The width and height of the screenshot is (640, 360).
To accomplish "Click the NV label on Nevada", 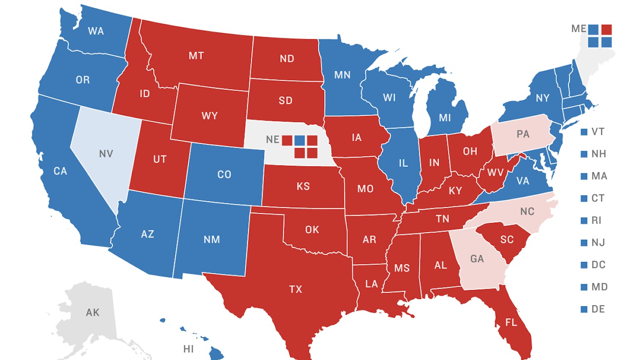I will (x=106, y=154).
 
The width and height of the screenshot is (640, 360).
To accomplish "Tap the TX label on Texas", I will (x=296, y=289).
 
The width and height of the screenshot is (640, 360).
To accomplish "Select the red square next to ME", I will (x=606, y=29).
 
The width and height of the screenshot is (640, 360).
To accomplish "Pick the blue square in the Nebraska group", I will (x=300, y=140).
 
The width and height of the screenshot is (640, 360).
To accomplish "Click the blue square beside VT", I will (x=584, y=132).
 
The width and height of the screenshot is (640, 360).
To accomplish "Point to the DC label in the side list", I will (x=598, y=265).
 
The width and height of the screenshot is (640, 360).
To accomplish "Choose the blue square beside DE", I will (x=584, y=309).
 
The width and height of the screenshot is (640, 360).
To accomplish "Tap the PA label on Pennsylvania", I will (x=523, y=134).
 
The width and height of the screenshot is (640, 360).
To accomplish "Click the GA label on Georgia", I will (x=477, y=258).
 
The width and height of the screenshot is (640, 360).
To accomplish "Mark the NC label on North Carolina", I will (x=527, y=212).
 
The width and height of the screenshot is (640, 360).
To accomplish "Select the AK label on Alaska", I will (x=93, y=312).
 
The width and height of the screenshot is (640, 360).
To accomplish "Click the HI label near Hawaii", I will (x=188, y=349).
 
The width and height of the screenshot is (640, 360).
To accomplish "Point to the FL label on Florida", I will (x=511, y=322).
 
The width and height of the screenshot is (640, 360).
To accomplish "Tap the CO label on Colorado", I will (x=224, y=174).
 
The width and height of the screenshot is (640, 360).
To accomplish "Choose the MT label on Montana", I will (x=196, y=55).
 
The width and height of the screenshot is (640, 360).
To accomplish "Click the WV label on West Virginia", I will (x=495, y=173).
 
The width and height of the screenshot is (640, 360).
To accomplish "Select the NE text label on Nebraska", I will (x=272, y=139).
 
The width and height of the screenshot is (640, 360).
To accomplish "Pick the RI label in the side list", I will (x=596, y=221).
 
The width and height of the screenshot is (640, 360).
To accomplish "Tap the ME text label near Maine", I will (x=579, y=29).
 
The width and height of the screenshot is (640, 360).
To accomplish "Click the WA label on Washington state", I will (x=96, y=31).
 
